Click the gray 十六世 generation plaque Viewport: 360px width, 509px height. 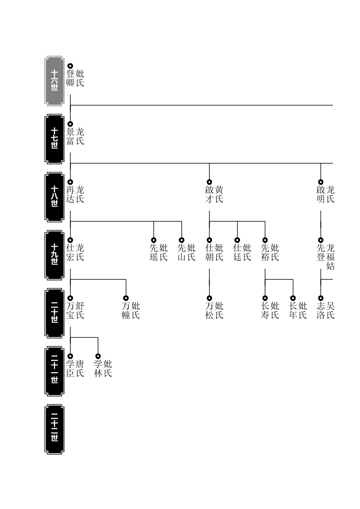54,81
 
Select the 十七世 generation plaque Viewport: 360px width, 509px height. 54,139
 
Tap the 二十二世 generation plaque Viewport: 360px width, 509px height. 54,429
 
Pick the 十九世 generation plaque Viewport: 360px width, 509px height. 54,255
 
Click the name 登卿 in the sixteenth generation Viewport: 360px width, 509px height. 70,78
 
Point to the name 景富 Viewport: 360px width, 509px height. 70,136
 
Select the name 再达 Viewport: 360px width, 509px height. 70,195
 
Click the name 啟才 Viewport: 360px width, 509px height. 209,195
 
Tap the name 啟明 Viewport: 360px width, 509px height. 321,195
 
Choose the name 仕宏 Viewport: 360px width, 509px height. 70,253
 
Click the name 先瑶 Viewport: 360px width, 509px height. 154,253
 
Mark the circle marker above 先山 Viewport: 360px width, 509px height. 182,240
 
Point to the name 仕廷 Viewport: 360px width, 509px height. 237,253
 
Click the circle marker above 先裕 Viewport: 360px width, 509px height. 265,240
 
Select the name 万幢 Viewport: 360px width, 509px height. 126,311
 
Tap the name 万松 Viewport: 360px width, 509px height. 209,311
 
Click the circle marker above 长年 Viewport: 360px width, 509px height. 293,298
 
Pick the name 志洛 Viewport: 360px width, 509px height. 321,311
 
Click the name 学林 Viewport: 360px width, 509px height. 98,369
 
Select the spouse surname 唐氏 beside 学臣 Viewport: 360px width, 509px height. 80,369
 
